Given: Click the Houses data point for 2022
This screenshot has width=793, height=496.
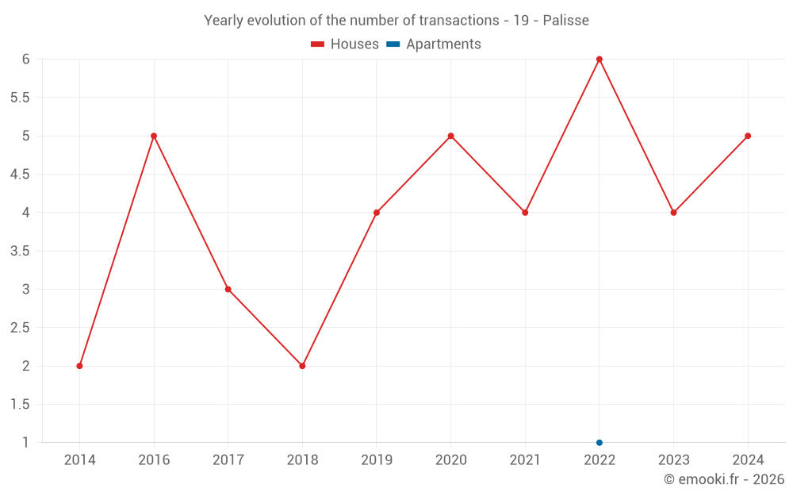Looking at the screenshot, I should pyautogui.click(x=600, y=60).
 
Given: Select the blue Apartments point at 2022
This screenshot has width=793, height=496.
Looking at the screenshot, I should pyautogui.click(x=600, y=443).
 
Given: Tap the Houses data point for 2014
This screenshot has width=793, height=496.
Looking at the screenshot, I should pyautogui.click(x=79, y=366).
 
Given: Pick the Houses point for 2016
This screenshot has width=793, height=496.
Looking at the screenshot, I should pyautogui.click(x=154, y=136).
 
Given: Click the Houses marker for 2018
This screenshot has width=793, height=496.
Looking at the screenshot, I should pyautogui.click(x=302, y=366).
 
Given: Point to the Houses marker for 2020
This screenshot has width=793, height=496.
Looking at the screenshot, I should pyautogui.click(x=450, y=136).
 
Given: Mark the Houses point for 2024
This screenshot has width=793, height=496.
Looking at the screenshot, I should pyautogui.click(x=748, y=136).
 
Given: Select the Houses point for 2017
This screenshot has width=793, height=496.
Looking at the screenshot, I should pyautogui.click(x=228, y=289).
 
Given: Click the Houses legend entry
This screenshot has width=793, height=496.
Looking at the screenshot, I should pyautogui.click(x=345, y=44).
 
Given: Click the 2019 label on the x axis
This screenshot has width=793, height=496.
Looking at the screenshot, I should pyautogui.click(x=377, y=460).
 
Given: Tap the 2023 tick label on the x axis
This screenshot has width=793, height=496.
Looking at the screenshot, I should pyautogui.click(x=673, y=460).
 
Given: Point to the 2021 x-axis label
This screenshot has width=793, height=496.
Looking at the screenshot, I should pyautogui.click(x=525, y=460).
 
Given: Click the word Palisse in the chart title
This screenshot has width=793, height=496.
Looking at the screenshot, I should pyautogui.click(x=565, y=21).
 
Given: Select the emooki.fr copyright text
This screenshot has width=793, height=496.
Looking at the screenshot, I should pyautogui.click(x=724, y=479).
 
